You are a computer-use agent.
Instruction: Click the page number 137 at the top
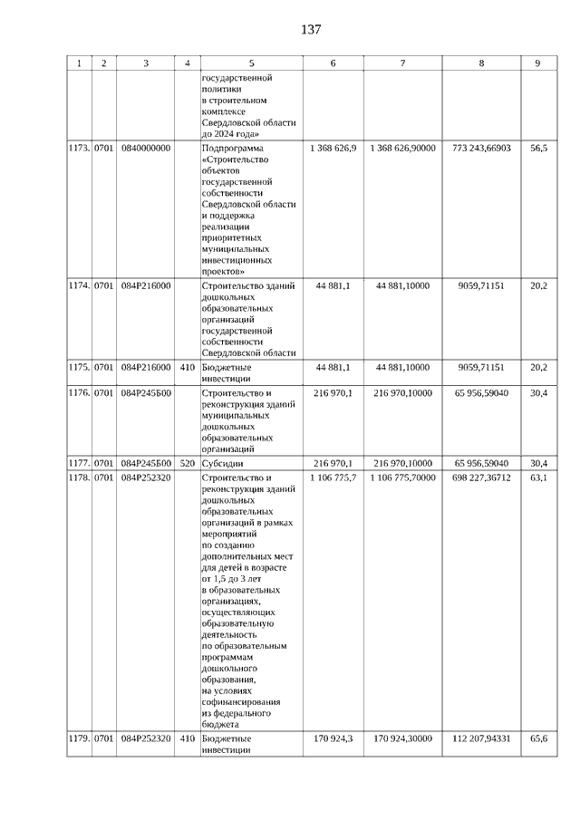point(311,30)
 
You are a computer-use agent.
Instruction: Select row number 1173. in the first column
point(79,146)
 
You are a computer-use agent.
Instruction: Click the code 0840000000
point(145,146)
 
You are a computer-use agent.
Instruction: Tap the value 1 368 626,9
point(333,146)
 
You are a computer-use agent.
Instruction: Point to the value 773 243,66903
point(481,146)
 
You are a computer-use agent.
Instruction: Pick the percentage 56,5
point(538,146)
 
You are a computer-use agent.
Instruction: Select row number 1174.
point(79,285)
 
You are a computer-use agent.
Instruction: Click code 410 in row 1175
point(187,367)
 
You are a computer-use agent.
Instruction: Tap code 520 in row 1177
point(187,463)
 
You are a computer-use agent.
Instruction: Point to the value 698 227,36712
point(481,477)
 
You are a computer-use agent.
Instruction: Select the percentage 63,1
point(538,477)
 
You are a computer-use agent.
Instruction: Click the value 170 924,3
point(333,738)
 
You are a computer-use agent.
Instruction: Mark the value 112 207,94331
point(481,738)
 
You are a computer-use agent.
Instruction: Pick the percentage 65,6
point(538,738)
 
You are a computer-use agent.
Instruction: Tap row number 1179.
point(79,738)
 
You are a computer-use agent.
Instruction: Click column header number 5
point(251,63)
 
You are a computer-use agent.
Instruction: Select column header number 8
point(481,63)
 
